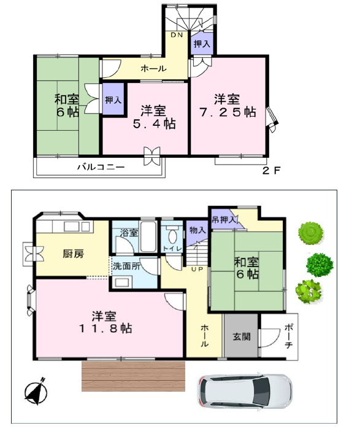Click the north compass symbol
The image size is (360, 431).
tap(36, 392)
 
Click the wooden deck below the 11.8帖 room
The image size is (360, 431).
tap(134, 376)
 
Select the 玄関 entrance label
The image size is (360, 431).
tap(242, 336)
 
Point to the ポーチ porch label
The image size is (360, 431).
tap(288, 336)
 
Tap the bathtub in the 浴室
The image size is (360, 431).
tap(148, 236)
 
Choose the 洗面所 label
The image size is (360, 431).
tap(126, 266)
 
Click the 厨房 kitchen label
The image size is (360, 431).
tap(73, 254)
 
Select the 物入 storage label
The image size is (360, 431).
tap(197, 230)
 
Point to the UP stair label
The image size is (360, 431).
tap(197, 270)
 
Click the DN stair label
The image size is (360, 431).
tap(177, 35)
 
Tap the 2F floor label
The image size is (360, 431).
tap(271, 171)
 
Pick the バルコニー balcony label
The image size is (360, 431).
tap(101, 167)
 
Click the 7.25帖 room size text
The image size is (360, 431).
tap(228, 112)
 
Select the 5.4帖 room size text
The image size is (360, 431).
tap(155, 124)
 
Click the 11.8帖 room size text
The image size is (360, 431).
tap(105, 328)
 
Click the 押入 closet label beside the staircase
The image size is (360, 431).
tap(202, 44)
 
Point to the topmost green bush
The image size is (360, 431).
tap(310, 232)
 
